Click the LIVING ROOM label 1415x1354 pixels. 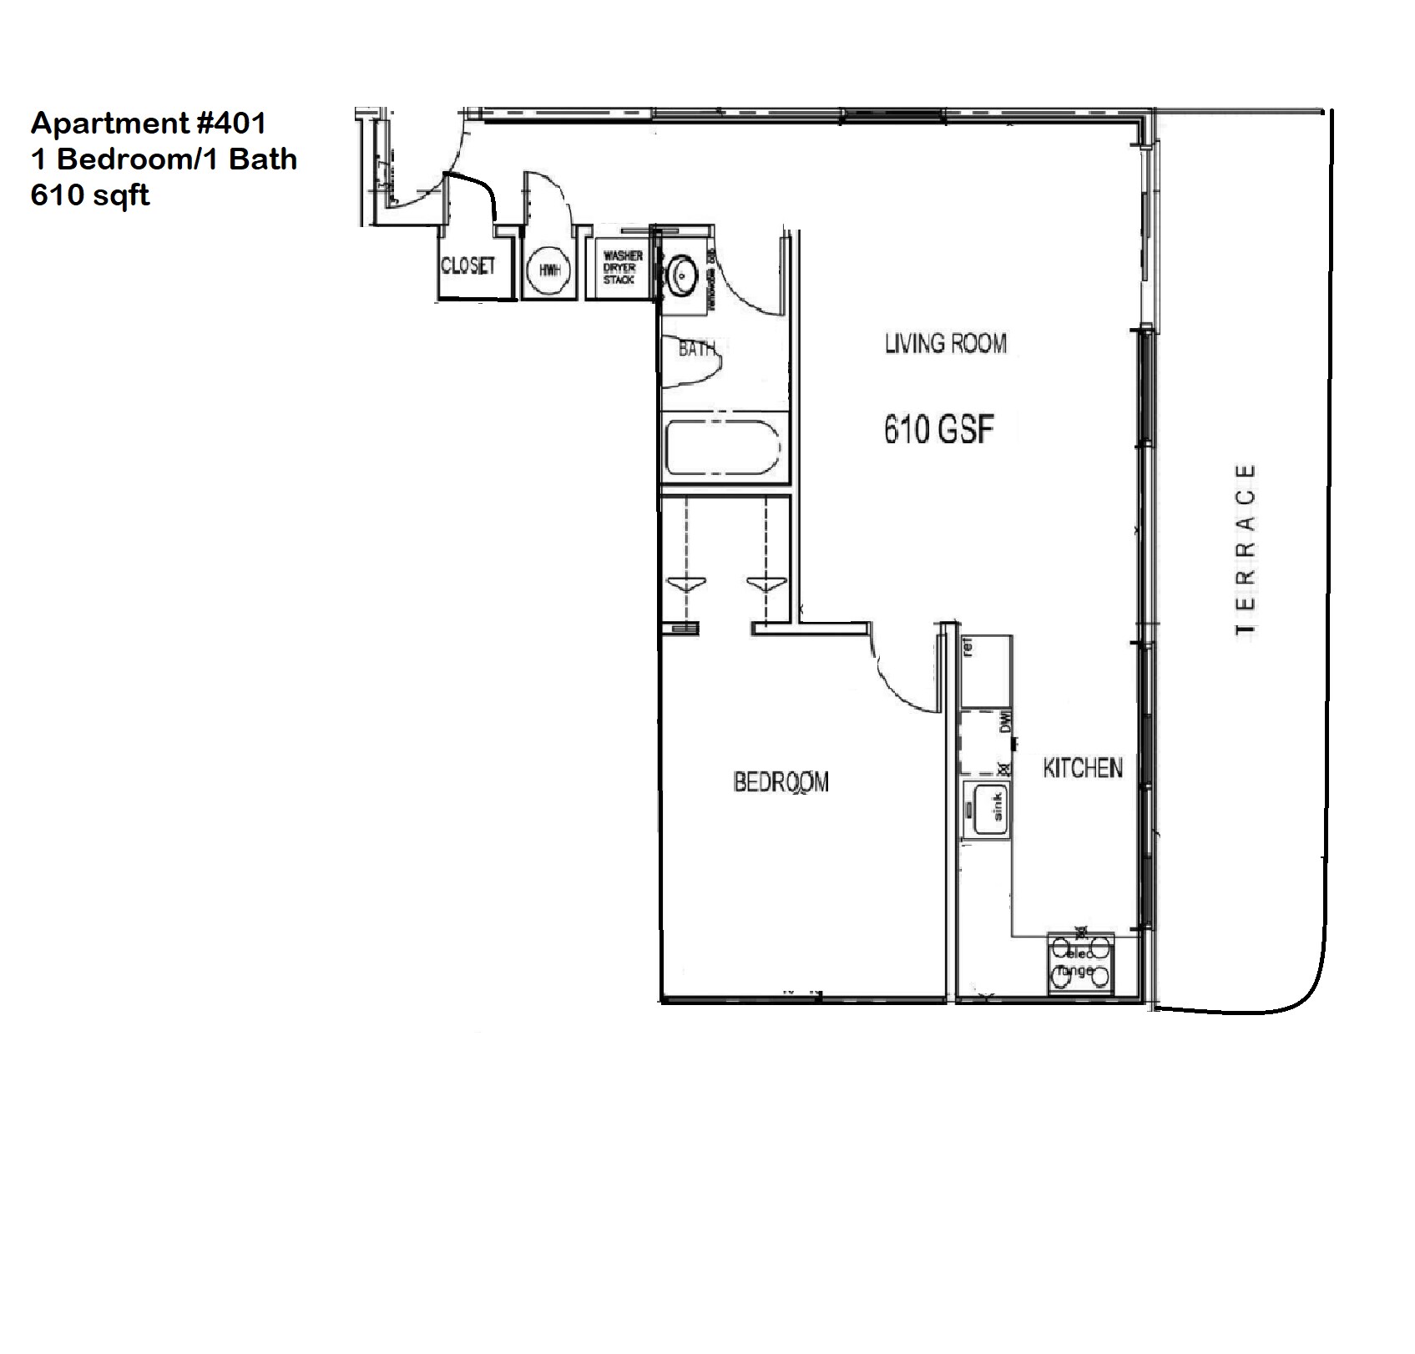[x=945, y=343]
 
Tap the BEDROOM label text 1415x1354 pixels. [x=781, y=782]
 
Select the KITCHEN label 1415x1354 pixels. [x=1082, y=768]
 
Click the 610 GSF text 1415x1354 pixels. [x=939, y=430]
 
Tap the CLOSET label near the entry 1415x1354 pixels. [x=467, y=265]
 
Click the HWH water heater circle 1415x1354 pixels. [x=548, y=270]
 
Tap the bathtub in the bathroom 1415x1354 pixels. [x=723, y=448]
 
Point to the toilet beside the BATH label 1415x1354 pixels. [x=693, y=361]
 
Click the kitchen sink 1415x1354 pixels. [x=986, y=810]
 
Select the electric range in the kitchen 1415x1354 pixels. [x=1080, y=964]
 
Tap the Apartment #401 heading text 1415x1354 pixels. [x=149, y=124]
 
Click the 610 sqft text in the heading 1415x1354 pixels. [x=90, y=195]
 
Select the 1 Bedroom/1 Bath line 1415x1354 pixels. [x=164, y=159]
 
